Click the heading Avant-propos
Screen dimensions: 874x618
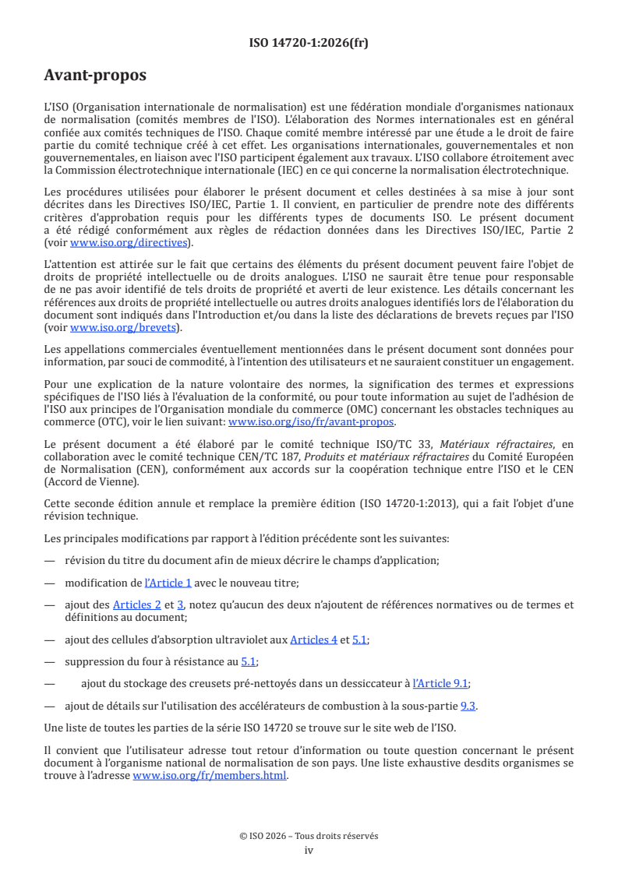[x=95, y=76]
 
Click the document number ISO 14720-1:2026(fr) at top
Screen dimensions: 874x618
[x=309, y=43]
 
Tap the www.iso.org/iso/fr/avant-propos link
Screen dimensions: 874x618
[x=312, y=421]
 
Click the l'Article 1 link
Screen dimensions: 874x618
[x=168, y=582]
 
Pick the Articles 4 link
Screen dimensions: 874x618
[x=313, y=640]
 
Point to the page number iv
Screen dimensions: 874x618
[x=309, y=850]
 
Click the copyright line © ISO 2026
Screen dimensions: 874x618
[x=309, y=836]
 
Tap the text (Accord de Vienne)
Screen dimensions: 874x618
[x=88, y=481]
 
